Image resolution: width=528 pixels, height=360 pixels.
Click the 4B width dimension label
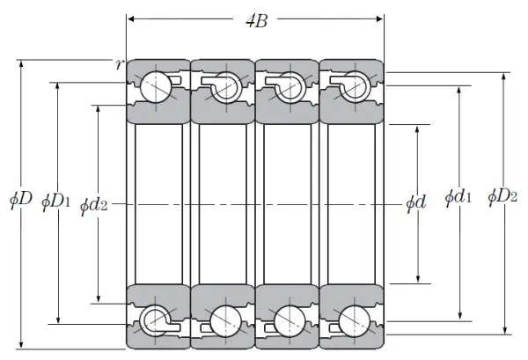pyautogui.click(x=257, y=21)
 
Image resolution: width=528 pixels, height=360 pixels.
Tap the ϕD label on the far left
pyautogui.click(x=20, y=199)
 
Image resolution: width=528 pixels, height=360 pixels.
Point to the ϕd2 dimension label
pyautogui.click(x=93, y=205)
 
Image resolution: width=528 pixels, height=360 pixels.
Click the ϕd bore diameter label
pyautogui.click(x=416, y=202)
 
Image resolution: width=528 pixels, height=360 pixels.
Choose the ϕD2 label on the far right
pyautogui.click(x=502, y=195)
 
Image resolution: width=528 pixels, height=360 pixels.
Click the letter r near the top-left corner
pyautogui.click(x=119, y=64)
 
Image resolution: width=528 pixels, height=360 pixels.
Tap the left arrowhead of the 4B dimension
pyautogui.click(x=132, y=18)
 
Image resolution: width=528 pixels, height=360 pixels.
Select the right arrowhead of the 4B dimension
pyautogui.click(x=379, y=18)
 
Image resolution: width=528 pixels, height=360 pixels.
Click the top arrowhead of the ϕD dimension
pyautogui.click(x=21, y=65)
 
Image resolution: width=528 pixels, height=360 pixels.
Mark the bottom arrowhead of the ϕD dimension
pyautogui.click(x=21, y=344)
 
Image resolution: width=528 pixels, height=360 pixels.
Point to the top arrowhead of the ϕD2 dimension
pyautogui.click(x=504, y=77)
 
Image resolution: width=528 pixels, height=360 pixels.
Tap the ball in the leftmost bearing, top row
pyautogui.click(x=156, y=87)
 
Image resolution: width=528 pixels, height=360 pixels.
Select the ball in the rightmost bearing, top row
pyautogui.click(x=355, y=86)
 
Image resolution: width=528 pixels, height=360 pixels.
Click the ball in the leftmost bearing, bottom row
pyautogui.click(x=156, y=320)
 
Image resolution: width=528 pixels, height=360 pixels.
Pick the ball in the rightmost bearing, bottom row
pyautogui.click(x=355, y=321)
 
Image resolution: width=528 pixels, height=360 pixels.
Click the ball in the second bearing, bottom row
pyautogui.click(x=225, y=321)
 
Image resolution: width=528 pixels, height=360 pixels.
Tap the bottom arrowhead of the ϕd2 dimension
pyautogui.click(x=99, y=298)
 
